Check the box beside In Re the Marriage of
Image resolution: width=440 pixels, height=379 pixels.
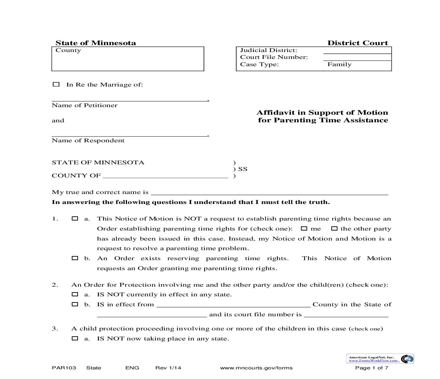click(56, 84)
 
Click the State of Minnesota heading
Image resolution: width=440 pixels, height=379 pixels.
click(96, 43)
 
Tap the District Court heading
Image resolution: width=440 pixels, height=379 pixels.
click(358, 43)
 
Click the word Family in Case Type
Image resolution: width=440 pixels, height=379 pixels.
click(339, 64)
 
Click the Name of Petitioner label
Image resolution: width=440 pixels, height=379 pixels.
click(85, 105)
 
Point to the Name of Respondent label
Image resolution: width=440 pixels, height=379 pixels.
click(88, 141)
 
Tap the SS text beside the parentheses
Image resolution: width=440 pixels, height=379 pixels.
click(243, 169)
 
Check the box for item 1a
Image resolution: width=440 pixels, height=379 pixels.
click(75, 218)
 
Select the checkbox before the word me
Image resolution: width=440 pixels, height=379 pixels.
click(304, 228)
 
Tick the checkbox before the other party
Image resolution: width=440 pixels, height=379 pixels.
click(334, 228)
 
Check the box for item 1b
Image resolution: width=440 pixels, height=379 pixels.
click(75, 258)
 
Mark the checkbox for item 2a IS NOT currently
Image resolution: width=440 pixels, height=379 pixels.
click(75, 294)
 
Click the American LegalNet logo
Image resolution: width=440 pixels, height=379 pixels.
click(380, 359)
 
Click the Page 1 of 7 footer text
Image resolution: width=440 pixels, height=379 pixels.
click(372, 368)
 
